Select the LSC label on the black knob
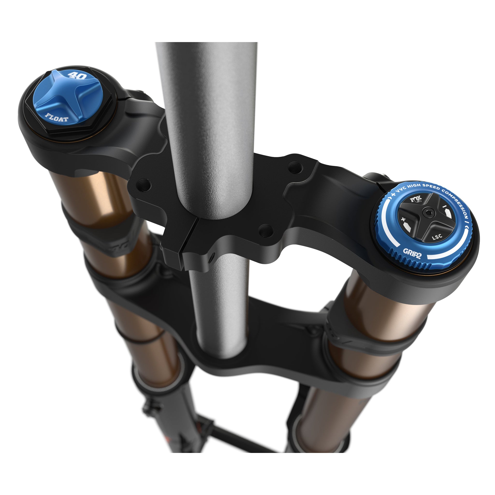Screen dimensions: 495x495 [x=437, y=237]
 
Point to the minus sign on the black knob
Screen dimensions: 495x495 [x=444, y=206]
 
